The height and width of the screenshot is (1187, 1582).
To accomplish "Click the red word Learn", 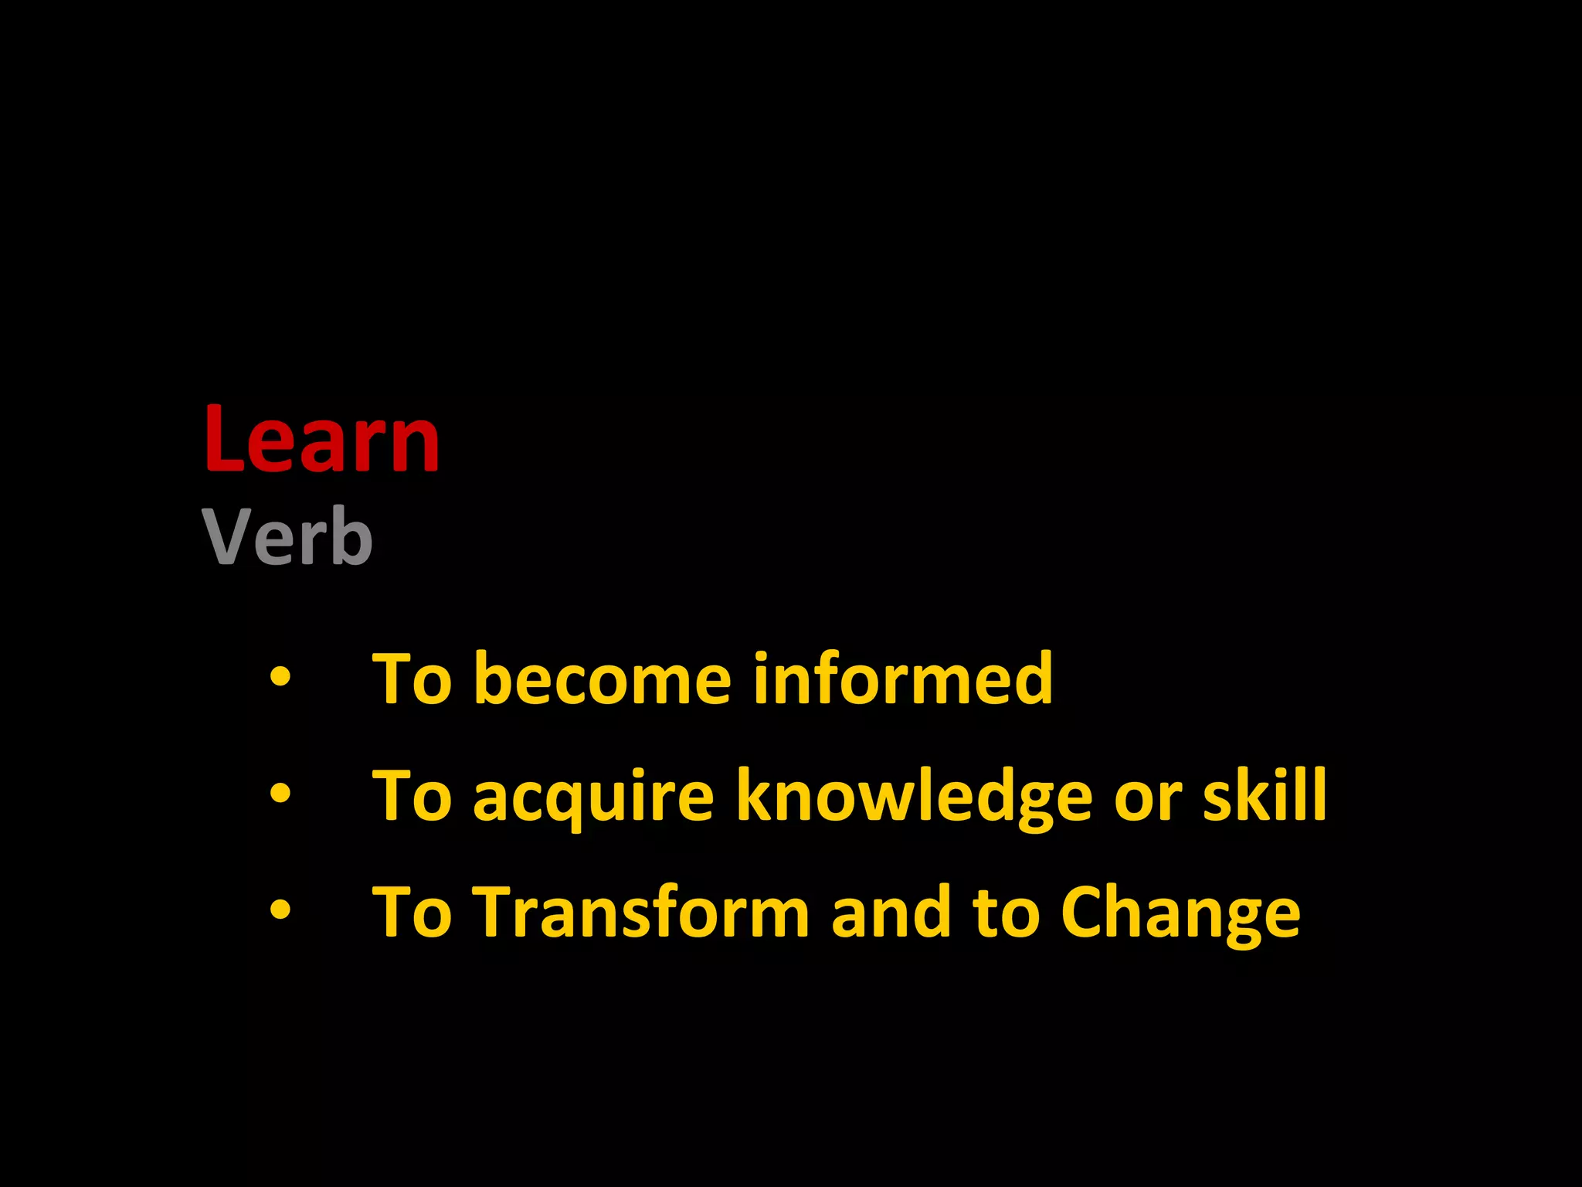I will point(321,439).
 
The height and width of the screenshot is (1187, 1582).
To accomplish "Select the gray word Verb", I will point(287,536).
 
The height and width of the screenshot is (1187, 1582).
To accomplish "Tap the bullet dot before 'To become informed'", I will point(280,677).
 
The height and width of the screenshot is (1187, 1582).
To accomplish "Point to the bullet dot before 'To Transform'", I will point(280,910).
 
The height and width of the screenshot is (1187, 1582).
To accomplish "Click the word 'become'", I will point(602,680).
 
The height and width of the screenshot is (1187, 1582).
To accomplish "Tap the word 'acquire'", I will point(593,798).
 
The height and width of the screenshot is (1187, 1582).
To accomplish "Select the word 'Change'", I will point(1180,913).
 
